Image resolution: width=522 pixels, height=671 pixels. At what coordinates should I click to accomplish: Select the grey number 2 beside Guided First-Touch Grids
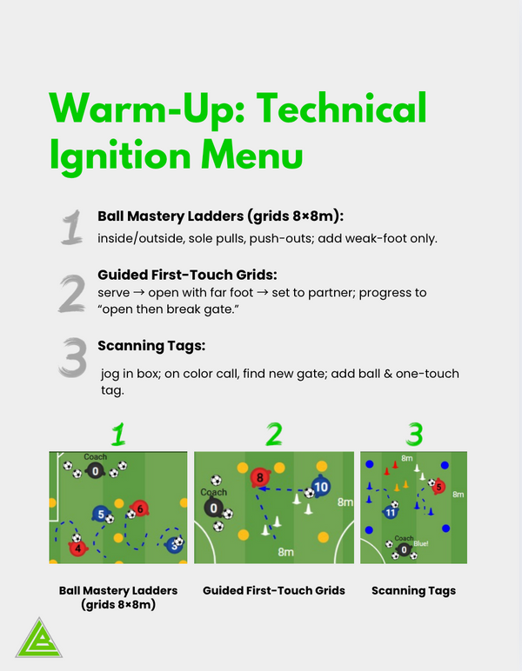71,294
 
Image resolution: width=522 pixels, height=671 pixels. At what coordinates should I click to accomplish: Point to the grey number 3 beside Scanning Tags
72,357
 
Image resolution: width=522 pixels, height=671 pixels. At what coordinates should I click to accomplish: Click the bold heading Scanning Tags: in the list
151,346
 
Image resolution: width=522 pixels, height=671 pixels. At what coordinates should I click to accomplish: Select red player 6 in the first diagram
139,508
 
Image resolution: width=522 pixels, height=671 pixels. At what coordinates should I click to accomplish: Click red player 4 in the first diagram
78,548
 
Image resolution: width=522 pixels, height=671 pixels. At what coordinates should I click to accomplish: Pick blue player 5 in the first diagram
101,515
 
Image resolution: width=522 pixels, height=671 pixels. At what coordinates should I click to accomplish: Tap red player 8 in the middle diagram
258,477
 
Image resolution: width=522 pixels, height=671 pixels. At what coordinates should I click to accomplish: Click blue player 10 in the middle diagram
320,487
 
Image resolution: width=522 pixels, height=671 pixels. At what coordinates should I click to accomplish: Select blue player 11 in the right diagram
391,513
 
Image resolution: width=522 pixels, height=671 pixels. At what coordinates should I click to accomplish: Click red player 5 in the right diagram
438,488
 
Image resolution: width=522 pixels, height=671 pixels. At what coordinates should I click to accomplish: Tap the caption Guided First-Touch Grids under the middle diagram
274,590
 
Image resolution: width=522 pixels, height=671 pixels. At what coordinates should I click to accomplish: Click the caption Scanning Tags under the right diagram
413,590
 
